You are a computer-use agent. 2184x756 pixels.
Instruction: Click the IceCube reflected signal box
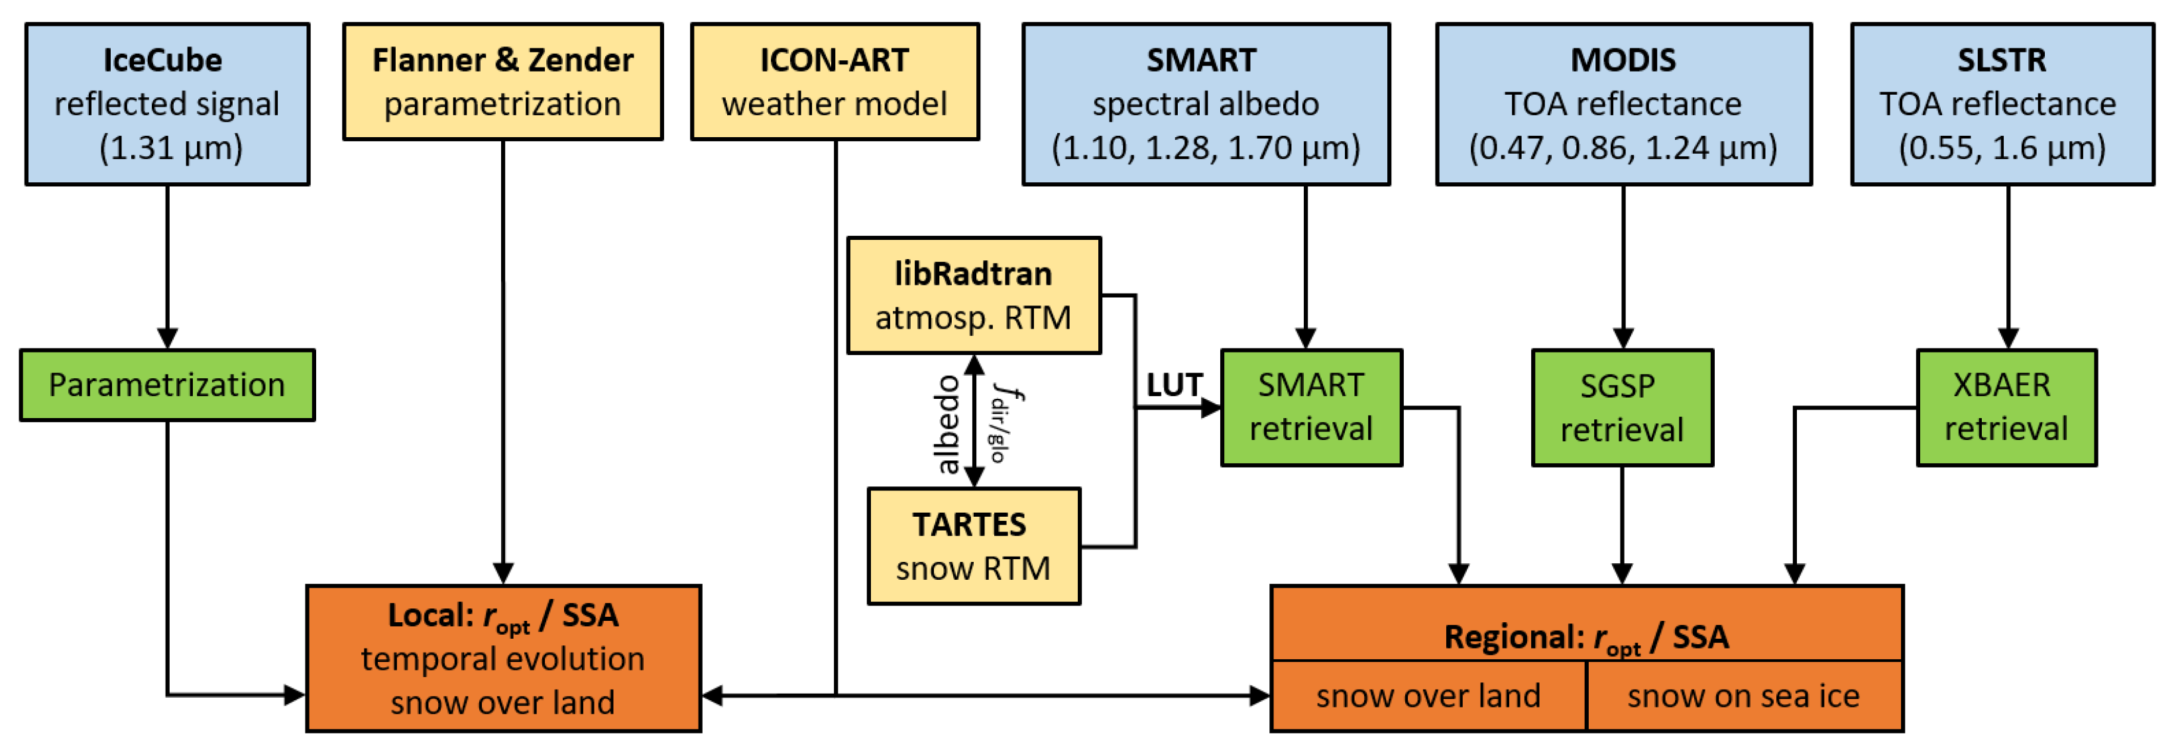pyautogui.click(x=167, y=103)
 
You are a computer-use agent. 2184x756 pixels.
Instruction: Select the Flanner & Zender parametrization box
pyautogui.click(x=503, y=81)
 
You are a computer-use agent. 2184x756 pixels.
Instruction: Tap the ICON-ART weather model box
pyautogui.click(x=834, y=81)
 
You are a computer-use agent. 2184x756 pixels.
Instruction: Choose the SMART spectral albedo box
pyautogui.click(x=1205, y=103)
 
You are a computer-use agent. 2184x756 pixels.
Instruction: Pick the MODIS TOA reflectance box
pyautogui.click(x=1623, y=103)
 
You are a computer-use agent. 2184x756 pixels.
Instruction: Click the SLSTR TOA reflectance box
pyautogui.click(x=2002, y=103)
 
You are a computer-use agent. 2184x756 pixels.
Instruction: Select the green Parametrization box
pyautogui.click(x=167, y=385)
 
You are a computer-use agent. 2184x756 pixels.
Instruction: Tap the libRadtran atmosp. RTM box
pyautogui.click(x=973, y=295)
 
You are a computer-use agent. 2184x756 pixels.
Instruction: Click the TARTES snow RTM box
pyautogui.click(x=973, y=546)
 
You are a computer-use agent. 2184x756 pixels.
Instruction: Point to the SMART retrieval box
pyautogui.click(x=1311, y=407)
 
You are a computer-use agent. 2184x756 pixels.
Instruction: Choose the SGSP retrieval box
pyautogui.click(x=1622, y=407)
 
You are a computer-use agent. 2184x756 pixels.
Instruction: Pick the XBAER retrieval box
pyautogui.click(x=2006, y=407)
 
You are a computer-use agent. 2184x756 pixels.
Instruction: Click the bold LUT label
pyautogui.click(x=1175, y=385)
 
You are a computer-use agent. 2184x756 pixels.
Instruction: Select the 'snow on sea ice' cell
pyautogui.click(x=1743, y=696)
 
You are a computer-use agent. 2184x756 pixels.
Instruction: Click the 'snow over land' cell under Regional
pyautogui.click(x=1428, y=696)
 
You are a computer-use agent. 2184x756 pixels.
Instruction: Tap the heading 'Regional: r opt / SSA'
pyautogui.click(x=1585, y=637)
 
